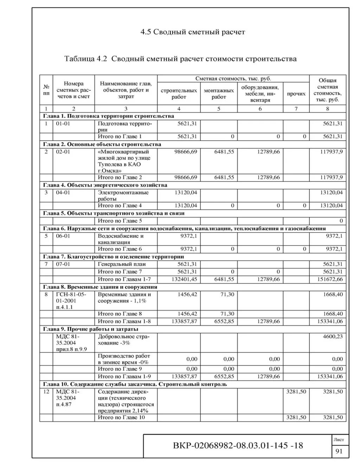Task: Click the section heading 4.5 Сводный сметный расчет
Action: point(193,32)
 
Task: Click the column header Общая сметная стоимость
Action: point(327,90)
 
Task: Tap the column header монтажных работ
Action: point(218,94)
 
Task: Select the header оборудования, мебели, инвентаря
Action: point(260,94)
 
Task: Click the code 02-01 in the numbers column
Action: point(63,152)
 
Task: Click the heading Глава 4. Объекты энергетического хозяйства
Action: point(105,185)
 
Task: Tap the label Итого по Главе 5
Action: point(120,221)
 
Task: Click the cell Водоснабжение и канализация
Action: point(121,239)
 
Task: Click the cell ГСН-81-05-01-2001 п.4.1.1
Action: point(71,301)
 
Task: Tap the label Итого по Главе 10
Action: point(121,417)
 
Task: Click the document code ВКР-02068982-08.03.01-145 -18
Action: point(238,446)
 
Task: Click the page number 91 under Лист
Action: point(339,452)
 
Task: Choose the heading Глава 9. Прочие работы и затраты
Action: point(90,329)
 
